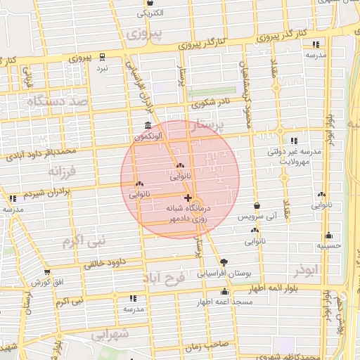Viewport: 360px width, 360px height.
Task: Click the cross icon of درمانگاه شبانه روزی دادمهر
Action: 188,198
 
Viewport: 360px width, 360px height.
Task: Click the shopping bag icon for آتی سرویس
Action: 257,205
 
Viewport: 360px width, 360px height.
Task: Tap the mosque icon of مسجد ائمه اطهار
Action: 225,291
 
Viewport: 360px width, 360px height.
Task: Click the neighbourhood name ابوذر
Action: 307,271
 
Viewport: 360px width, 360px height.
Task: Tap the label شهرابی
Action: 110,335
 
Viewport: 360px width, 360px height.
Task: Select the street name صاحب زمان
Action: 204,347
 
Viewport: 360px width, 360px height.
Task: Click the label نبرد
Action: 103,67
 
